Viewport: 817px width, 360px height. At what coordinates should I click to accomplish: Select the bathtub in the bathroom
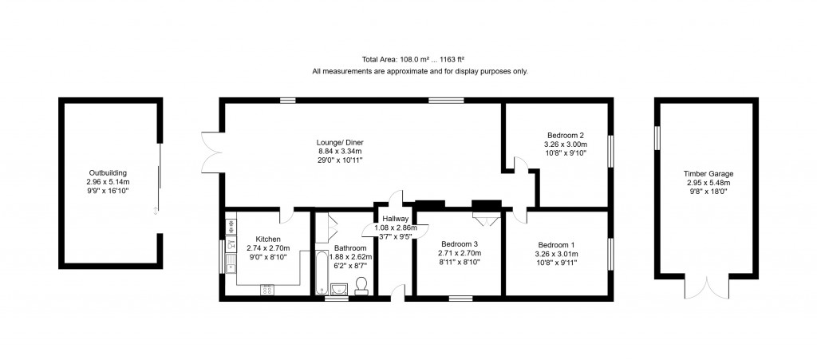322,273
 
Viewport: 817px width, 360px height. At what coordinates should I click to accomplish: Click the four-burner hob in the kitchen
266,290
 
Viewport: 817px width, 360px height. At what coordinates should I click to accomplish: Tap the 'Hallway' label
395,219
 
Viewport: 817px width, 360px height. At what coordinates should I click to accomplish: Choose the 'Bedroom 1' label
555,245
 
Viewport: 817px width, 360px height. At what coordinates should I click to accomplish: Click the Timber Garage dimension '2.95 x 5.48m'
708,183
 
